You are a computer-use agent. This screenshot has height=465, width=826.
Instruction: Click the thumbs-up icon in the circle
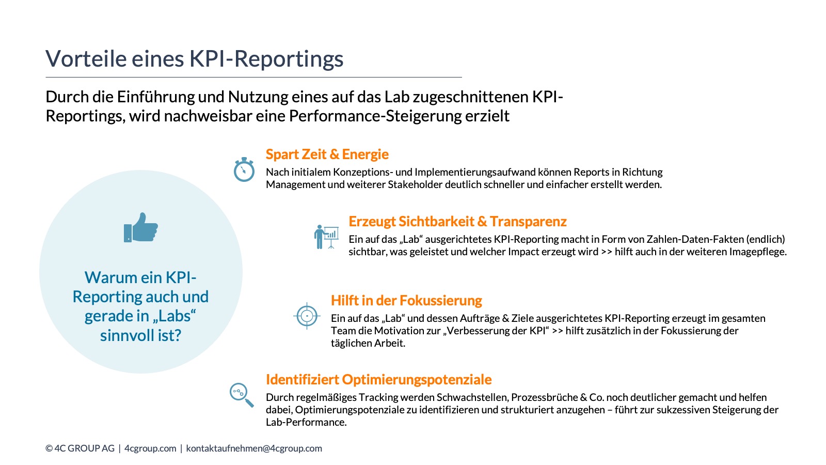tap(141, 227)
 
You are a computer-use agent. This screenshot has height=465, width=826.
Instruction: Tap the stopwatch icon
tap(244, 169)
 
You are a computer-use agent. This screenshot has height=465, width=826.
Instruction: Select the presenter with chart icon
tap(326, 237)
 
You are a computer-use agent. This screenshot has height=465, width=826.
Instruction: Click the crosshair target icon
tap(307, 316)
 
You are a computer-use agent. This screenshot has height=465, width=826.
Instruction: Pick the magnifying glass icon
tap(242, 395)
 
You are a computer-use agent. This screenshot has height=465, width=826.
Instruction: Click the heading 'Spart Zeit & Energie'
tap(327, 154)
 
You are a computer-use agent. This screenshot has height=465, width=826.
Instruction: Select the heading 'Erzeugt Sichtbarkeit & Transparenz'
tap(457, 222)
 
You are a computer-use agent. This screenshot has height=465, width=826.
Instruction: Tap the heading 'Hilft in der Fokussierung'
tap(406, 301)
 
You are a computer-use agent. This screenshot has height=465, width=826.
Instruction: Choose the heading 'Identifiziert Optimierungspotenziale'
tap(378, 380)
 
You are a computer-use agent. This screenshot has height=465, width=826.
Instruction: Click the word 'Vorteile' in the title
tap(86, 59)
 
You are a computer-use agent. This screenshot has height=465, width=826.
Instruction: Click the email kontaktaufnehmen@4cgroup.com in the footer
tap(254, 448)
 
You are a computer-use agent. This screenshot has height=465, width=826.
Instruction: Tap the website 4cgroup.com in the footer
tap(150, 448)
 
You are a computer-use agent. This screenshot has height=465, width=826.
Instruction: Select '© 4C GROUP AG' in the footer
tap(80, 448)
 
